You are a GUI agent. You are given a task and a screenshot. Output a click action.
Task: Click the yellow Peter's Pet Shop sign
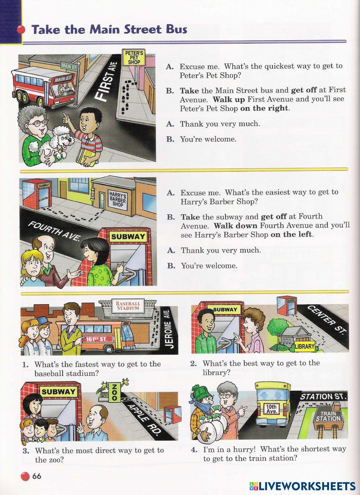pyautogui.click(x=134, y=57)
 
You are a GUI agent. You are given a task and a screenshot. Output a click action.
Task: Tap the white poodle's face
pyautogui.click(x=65, y=140)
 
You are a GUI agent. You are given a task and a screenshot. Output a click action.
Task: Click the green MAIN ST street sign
pyautogui.click(x=69, y=67)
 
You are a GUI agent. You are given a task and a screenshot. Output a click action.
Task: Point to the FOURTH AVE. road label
pyautogui.click(x=54, y=231)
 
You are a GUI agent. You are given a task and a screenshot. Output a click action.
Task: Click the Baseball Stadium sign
pyautogui.click(x=128, y=306)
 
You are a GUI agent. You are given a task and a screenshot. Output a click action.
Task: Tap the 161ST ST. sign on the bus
pyautogui.click(x=96, y=339)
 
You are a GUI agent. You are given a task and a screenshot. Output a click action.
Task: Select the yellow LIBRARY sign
pyautogui.click(x=305, y=346)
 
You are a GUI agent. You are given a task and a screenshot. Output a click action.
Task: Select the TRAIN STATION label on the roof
pyautogui.click(x=328, y=416)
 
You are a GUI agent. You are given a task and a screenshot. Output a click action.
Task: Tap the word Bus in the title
pyautogui.click(x=177, y=29)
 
